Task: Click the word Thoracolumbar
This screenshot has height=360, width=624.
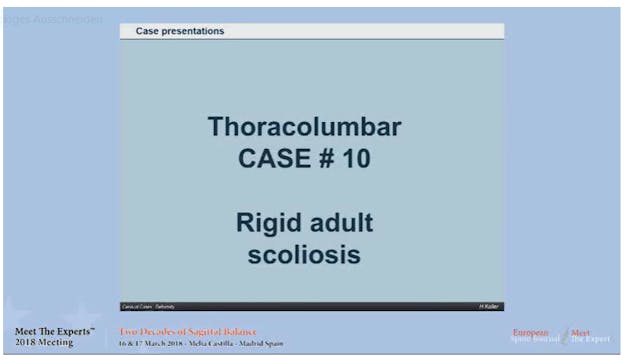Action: (x=305, y=128)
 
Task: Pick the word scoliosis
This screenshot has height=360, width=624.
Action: (x=305, y=253)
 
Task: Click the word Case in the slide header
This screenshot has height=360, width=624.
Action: (x=148, y=31)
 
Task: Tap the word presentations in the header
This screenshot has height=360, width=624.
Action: (x=193, y=31)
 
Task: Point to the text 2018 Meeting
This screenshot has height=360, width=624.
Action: (x=44, y=343)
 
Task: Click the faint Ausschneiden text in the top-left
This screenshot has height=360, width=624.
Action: (x=70, y=19)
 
